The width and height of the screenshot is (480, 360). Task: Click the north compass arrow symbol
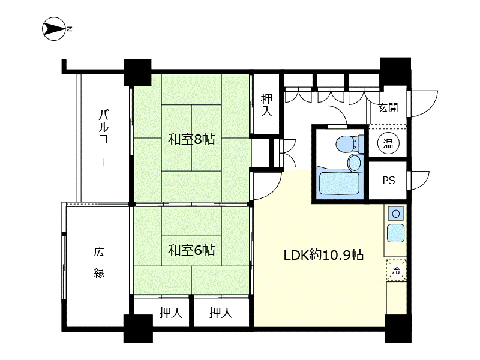click(54, 29)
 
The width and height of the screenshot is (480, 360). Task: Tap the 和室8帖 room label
click(191, 139)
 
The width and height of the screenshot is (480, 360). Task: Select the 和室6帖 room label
click(191, 250)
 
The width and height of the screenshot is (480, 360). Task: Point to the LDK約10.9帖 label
click(323, 255)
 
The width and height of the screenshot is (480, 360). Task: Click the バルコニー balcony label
click(103, 138)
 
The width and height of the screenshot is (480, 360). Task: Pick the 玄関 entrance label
click(388, 108)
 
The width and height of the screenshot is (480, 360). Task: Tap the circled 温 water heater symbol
click(388, 143)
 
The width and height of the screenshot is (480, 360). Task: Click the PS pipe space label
click(389, 181)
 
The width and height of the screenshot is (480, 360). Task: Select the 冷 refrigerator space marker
click(396, 270)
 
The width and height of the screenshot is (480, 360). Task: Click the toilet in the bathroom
click(349, 143)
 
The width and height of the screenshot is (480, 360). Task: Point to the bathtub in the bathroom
click(339, 184)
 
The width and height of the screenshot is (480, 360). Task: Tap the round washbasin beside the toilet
click(355, 163)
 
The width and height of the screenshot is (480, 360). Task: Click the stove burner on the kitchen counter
click(396, 214)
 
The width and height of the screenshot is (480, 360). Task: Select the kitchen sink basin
click(396, 233)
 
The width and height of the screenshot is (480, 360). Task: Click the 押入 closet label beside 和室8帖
click(266, 105)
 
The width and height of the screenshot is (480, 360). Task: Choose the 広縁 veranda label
click(99, 262)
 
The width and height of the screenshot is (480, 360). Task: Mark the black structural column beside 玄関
click(395, 73)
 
